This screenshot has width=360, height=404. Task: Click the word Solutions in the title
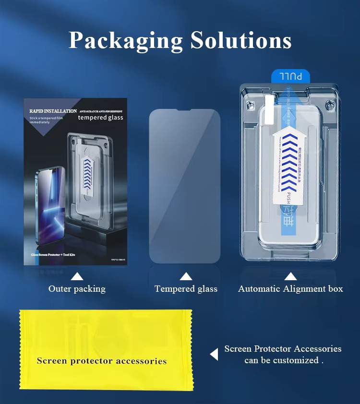(241, 41)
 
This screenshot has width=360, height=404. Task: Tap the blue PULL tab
(290, 76)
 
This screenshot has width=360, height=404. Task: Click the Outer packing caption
(77, 289)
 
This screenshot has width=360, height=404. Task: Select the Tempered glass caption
(186, 289)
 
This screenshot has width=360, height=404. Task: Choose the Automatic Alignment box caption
(290, 289)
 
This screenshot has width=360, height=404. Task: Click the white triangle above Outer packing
(77, 276)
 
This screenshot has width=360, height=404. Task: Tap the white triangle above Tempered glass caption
(186, 276)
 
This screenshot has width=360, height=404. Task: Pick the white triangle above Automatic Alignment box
(290, 276)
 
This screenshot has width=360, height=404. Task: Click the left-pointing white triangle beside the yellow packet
(214, 354)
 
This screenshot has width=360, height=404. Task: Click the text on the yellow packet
(102, 361)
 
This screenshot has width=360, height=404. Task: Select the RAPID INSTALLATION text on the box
(53, 111)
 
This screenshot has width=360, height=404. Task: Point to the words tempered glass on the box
(100, 118)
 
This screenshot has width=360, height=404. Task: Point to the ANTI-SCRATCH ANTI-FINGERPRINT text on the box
(101, 111)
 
